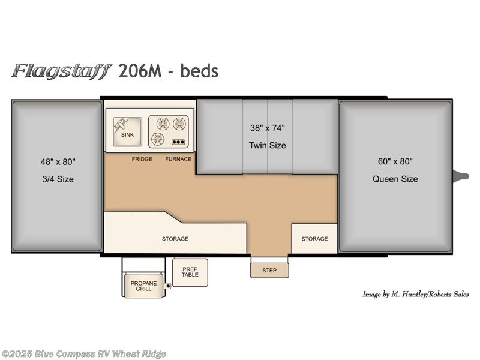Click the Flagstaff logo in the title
pyautogui.click(x=62, y=71)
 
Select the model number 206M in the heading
pyautogui.click(x=140, y=71)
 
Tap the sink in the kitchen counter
pyautogui.click(x=127, y=131)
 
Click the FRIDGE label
pyautogui.click(x=142, y=159)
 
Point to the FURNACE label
pyautogui.click(x=178, y=159)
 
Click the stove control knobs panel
pyautogui.click(x=178, y=142)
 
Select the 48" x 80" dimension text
pyautogui.click(x=58, y=161)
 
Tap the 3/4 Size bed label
pyautogui.click(x=58, y=179)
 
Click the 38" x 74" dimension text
pyautogui.click(x=268, y=128)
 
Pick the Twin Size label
pyautogui.click(x=268, y=145)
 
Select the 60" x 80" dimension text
pyautogui.click(x=395, y=161)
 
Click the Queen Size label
pyautogui.click(x=395, y=179)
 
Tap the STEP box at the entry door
pyautogui.click(x=269, y=271)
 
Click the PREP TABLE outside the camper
pyautogui.click(x=190, y=272)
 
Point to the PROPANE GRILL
pyautogui.click(x=143, y=286)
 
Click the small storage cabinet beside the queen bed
pyautogui.click(x=314, y=238)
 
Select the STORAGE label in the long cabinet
pyautogui.click(x=175, y=239)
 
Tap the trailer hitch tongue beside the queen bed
pyautogui.click(x=461, y=176)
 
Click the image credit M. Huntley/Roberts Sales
pyautogui.click(x=415, y=294)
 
